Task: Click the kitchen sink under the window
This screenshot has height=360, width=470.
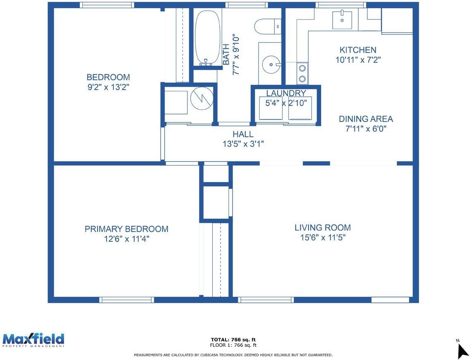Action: [342, 20]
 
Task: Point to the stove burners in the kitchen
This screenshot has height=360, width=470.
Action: [302, 74]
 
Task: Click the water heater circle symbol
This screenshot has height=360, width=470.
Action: [202, 98]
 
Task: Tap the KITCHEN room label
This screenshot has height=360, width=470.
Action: [358, 50]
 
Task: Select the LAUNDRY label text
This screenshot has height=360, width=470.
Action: [286, 93]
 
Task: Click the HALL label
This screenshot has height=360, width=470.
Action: [243, 134]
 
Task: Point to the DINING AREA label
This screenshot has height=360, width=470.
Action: [366, 119]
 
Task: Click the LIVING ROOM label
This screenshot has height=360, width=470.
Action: [323, 228]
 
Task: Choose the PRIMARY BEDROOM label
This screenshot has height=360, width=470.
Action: [127, 229]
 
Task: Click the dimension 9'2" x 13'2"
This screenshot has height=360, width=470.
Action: [108, 87]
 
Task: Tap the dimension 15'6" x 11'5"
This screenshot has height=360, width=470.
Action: [323, 238]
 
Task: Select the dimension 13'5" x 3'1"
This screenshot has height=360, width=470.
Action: [243, 144]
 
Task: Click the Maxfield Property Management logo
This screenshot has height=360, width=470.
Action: [33, 340]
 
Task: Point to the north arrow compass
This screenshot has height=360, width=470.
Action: [463, 348]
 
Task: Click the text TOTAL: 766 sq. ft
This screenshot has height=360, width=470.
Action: [233, 340]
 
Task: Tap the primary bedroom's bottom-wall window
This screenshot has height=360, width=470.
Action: [127, 300]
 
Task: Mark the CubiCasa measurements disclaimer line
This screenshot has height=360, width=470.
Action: [233, 355]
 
